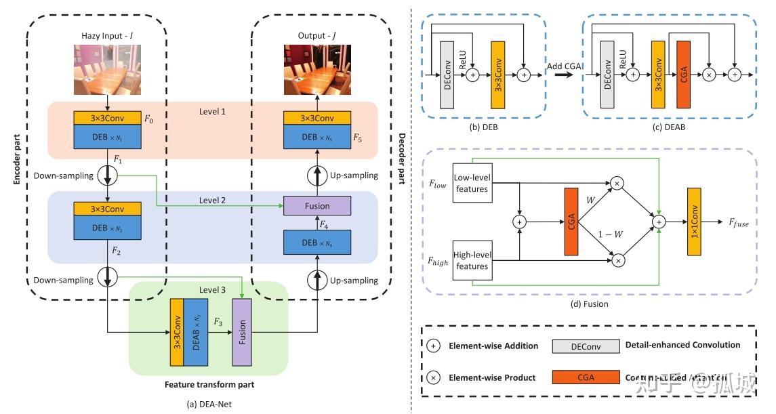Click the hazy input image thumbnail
click(x=108, y=69)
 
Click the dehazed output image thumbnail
click(x=316, y=69)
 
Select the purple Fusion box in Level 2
click(x=316, y=205)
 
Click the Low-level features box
click(x=471, y=183)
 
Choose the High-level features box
click(x=471, y=260)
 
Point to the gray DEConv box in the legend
click(x=586, y=346)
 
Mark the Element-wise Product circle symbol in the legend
click(x=434, y=377)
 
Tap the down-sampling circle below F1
click(x=108, y=176)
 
